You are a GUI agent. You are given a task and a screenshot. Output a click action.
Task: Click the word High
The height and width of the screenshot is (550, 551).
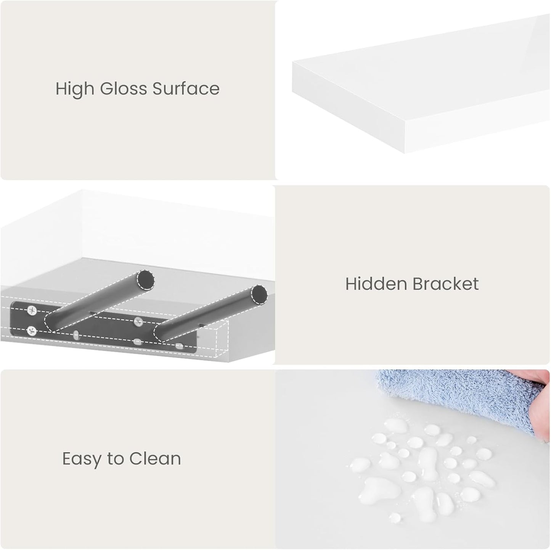pyautogui.click(x=75, y=89)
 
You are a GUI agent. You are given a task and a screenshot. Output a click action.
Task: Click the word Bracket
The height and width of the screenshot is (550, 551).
pyautogui.click(x=445, y=284)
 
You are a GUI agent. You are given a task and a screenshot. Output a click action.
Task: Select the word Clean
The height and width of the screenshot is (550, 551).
pyautogui.click(x=155, y=459)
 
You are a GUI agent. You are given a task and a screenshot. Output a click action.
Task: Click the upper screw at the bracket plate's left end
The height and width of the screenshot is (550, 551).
pyautogui.click(x=32, y=310)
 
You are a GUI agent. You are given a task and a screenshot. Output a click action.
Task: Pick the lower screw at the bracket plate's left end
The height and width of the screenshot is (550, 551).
pyautogui.click(x=32, y=331)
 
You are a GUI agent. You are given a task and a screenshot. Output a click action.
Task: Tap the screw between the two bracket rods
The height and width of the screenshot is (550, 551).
pyautogui.click(x=138, y=322)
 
